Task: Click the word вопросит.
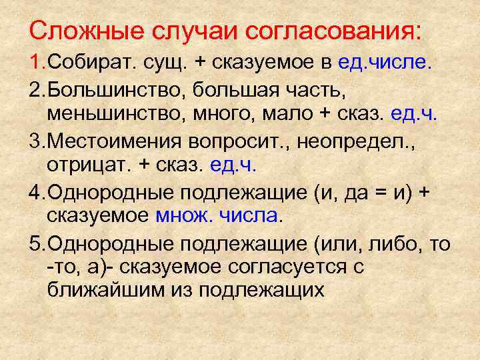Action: tap(249, 140)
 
